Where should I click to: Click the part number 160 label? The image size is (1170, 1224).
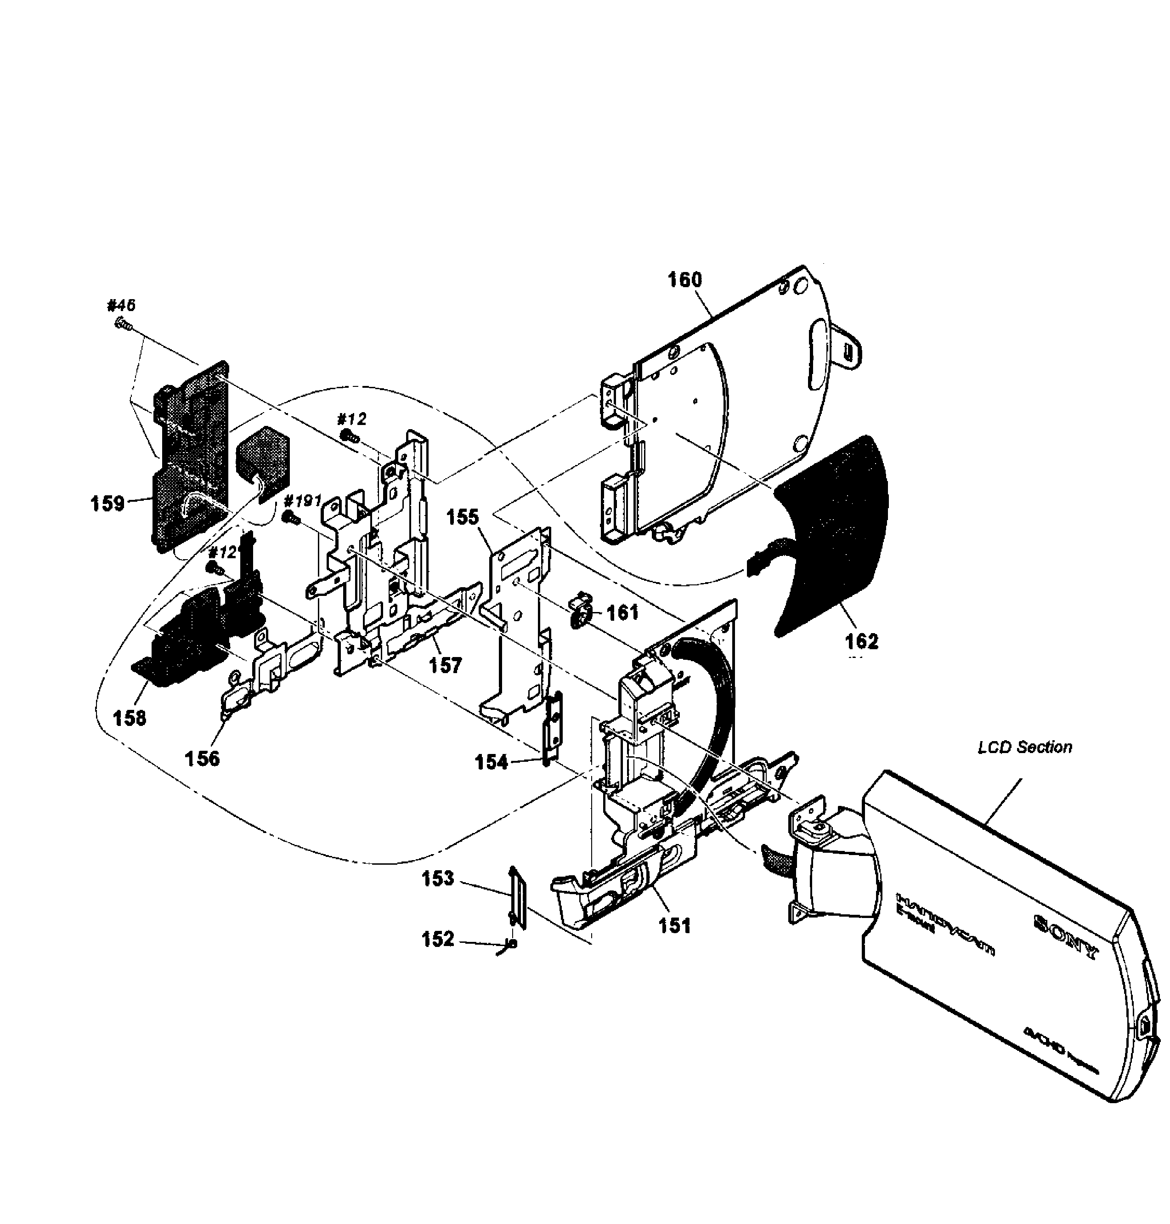click(685, 280)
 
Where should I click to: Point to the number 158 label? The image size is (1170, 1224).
click(129, 718)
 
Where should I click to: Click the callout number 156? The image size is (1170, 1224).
click(202, 759)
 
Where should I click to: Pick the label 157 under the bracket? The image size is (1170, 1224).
click(445, 666)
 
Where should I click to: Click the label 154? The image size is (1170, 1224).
click(492, 762)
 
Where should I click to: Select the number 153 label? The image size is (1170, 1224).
click(438, 879)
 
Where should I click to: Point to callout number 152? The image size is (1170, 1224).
click(438, 940)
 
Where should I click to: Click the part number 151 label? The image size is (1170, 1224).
click(675, 926)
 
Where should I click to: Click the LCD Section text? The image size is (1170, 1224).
click(1025, 748)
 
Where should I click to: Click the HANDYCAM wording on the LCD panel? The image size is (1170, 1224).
click(944, 917)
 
